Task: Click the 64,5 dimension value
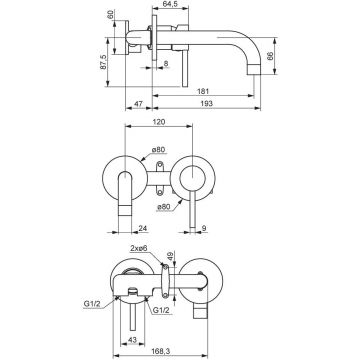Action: coord(170,3)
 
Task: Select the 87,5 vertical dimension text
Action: coord(103,62)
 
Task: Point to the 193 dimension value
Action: coord(207,104)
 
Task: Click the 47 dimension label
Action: coord(138,104)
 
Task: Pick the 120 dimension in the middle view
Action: coord(159,122)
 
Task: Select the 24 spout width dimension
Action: coord(143,228)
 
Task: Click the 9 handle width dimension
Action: coord(204,228)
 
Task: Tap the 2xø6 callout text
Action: coord(139,248)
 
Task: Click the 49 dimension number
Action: coord(170,256)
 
